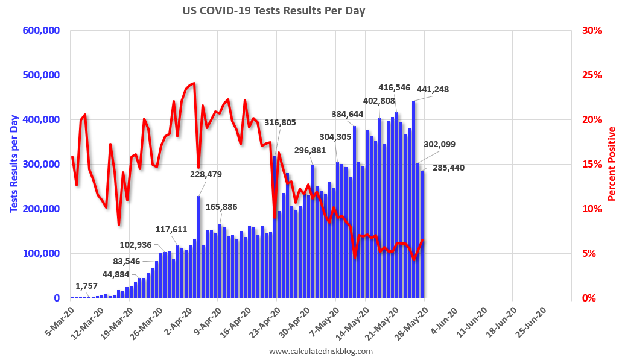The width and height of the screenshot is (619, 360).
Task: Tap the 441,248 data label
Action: pyautogui.click(x=432, y=89)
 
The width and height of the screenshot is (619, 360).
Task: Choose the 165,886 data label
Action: pyautogui.click(x=221, y=207)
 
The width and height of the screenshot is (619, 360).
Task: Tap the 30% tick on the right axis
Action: pyautogui.click(x=592, y=30)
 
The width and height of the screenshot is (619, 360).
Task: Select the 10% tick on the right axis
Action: pyautogui.click(x=592, y=209)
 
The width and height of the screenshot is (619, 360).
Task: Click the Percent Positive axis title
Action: pyautogui.click(x=611, y=164)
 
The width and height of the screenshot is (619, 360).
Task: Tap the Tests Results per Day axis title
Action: pyautogui.click(x=13, y=164)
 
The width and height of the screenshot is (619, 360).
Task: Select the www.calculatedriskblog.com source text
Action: pyautogui.click(x=320, y=351)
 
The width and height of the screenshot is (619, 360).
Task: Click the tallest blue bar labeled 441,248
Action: pyautogui.click(x=413, y=199)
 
